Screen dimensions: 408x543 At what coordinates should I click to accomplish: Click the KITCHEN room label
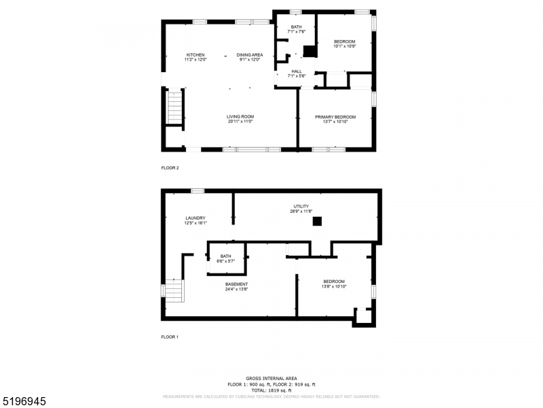[195, 55]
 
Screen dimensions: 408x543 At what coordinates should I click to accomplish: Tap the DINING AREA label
[250, 55]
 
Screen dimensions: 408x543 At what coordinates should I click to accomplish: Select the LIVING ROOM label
[240, 117]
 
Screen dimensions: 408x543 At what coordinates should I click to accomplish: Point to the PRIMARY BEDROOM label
[335, 117]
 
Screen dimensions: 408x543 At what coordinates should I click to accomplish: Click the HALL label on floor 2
[297, 71]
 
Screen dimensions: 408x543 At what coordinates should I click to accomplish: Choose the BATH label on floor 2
[297, 27]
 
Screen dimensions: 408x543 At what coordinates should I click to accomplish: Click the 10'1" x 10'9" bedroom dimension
[344, 46]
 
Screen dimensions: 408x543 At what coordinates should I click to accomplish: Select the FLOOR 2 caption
[170, 167]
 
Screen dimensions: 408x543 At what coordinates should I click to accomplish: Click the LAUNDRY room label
[195, 218]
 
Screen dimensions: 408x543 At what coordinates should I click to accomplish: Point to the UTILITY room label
[301, 206]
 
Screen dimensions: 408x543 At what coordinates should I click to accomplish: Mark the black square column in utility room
[317, 220]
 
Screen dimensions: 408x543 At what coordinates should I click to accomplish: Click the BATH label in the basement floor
[225, 256]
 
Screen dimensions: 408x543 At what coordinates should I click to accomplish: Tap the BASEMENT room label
[236, 284]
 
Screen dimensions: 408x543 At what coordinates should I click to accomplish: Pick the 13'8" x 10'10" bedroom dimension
[334, 286]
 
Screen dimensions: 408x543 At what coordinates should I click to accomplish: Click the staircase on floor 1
[174, 293]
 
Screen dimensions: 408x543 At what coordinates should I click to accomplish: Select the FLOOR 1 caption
[170, 337]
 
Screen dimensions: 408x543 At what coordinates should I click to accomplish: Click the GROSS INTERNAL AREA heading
[271, 378]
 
